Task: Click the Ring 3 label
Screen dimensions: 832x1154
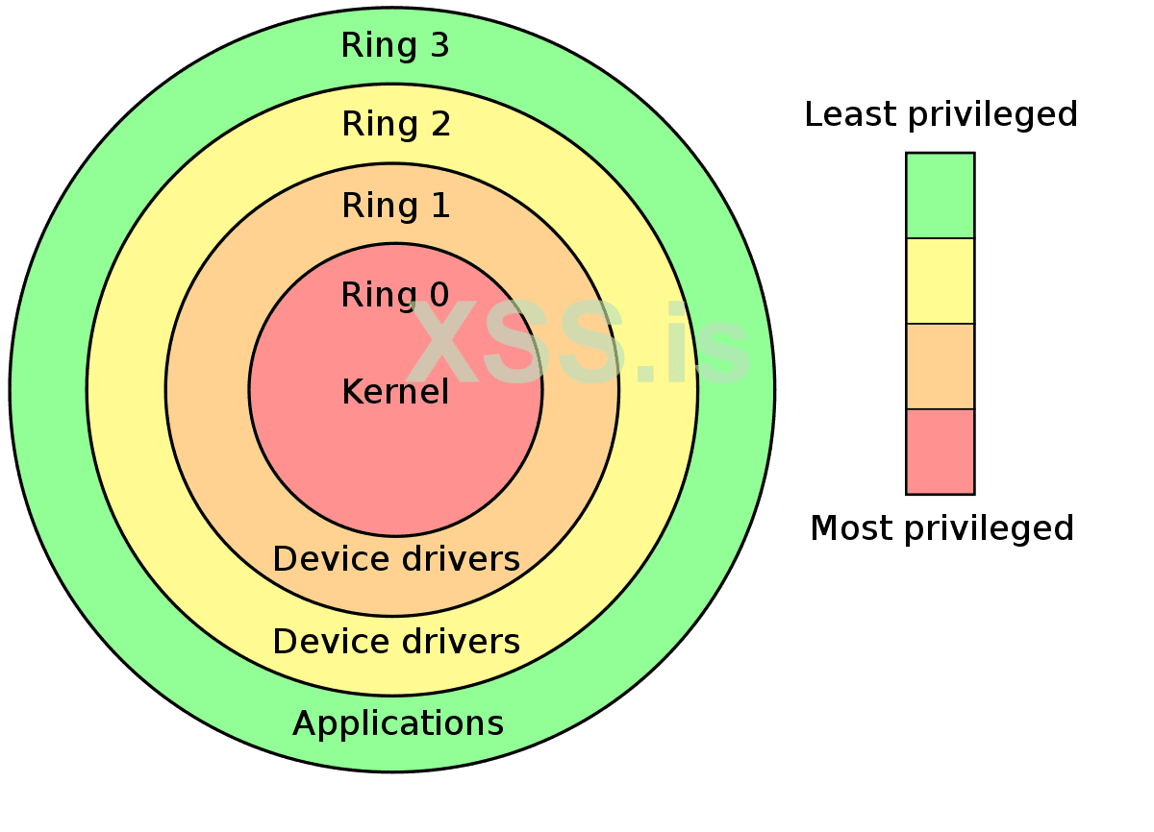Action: click(x=395, y=45)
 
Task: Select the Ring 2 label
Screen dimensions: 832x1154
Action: click(x=395, y=124)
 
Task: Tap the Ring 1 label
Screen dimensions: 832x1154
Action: click(x=395, y=206)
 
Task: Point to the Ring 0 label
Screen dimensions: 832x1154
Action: click(x=394, y=295)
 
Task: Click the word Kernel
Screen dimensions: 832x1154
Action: click(x=395, y=391)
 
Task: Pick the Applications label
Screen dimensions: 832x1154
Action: click(x=397, y=722)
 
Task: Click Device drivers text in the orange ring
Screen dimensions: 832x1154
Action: click(x=396, y=558)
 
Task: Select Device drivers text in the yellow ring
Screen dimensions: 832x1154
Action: click(x=396, y=641)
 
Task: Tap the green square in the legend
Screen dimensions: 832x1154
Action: click(x=940, y=195)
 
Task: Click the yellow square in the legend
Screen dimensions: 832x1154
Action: click(x=940, y=281)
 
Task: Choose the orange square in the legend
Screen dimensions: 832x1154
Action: click(x=940, y=366)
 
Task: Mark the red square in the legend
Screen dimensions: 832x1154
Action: click(x=940, y=452)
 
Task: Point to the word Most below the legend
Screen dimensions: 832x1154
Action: click(x=846, y=527)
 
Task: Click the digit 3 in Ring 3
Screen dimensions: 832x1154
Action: click(x=439, y=45)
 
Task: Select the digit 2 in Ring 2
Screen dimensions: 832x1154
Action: click(x=440, y=124)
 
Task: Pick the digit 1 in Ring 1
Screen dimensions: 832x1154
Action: click(x=440, y=206)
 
